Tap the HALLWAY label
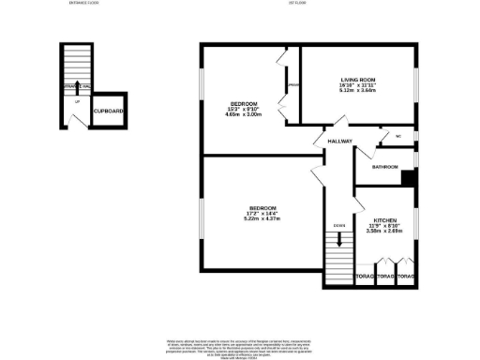click(x=339, y=142)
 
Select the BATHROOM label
click(x=385, y=167)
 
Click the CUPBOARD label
click(x=109, y=112)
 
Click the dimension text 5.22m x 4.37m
click(x=262, y=218)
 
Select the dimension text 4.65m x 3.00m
click(x=243, y=114)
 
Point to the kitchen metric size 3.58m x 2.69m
click(x=384, y=230)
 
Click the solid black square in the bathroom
click(x=407, y=178)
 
